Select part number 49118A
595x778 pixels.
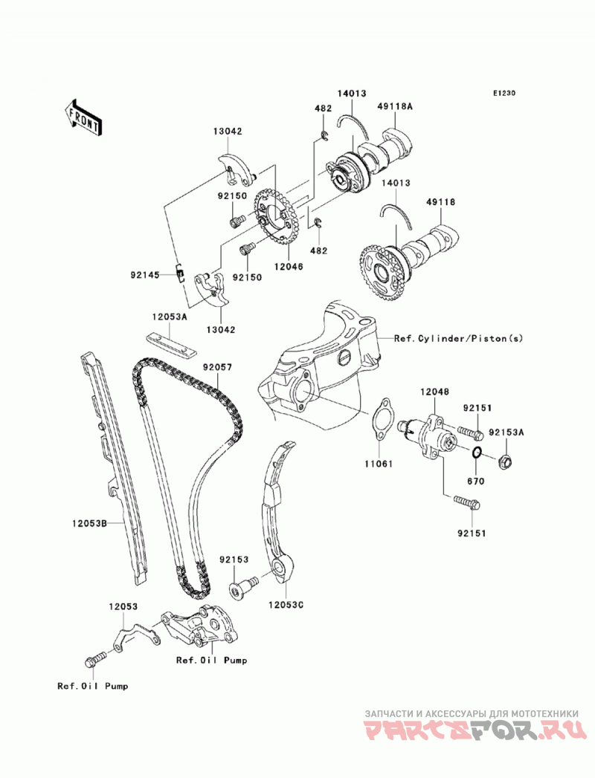tap(396, 107)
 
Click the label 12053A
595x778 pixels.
tap(170, 316)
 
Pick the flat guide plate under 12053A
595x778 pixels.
tap(171, 345)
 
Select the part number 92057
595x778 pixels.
tap(217, 367)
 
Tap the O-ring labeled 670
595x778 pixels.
tap(476, 453)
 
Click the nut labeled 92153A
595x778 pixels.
tap(506, 461)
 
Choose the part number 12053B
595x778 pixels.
tap(89, 522)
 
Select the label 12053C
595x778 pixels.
tap(286, 605)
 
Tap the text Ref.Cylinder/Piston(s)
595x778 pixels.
tap(458, 338)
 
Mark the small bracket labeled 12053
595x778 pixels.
tap(133, 638)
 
